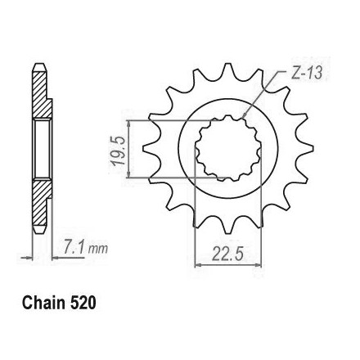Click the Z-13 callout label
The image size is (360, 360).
pos(306,73)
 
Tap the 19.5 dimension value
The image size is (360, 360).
pos(118,151)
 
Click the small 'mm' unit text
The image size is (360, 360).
pos(98,249)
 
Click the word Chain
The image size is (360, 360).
pos(44,303)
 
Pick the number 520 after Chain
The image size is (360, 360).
pos(83,303)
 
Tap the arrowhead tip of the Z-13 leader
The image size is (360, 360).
pos(242,119)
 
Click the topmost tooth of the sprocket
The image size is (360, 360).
pos(228,71)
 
